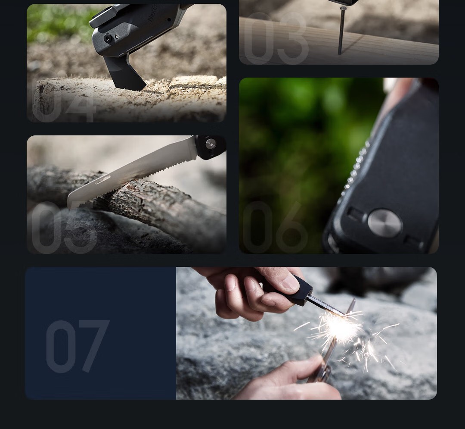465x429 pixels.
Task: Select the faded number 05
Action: click(x=64, y=228)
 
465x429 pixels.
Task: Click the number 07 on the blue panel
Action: click(x=77, y=347)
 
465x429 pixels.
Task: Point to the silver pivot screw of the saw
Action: click(x=211, y=144)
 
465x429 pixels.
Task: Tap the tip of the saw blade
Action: click(x=71, y=203)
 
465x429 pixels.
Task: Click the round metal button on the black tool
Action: click(x=384, y=223)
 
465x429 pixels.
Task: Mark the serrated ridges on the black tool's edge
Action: click(x=355, y=172)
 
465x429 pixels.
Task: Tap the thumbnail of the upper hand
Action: click(x=291, y=282)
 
